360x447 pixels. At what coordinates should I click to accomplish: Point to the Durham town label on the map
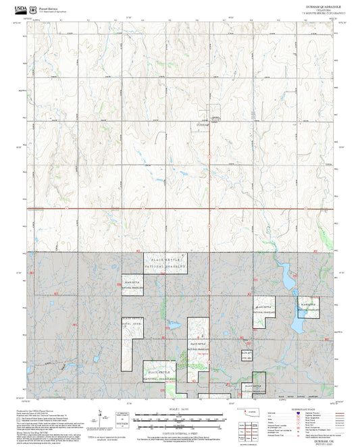click(x=203, y=126)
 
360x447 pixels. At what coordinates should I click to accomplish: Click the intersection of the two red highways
click(x=210, y=208)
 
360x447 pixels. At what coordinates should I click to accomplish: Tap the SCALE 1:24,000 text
click(x=179, y=409)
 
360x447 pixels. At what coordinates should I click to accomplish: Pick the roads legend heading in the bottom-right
click(x=317, y=409)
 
